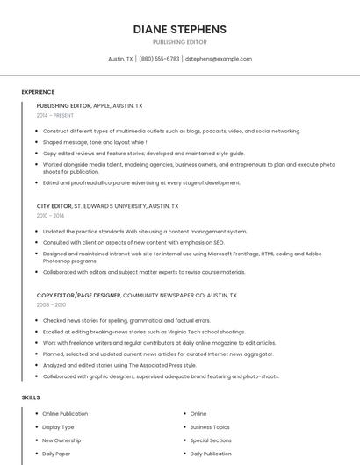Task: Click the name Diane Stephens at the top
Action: [x=179, y=29]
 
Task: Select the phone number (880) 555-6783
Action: [x=159, y=59]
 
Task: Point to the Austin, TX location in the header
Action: [x=120, y=59]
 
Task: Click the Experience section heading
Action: [x=38, y=92]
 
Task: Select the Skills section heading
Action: [x=31, y=397]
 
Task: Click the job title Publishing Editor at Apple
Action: [x=64, y=105]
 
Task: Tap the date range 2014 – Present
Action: [x=55, y=115]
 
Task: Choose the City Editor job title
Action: [x=53, y=206]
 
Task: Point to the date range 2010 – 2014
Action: [x=50, y=216]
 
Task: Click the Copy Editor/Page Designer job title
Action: [x=79, y=296]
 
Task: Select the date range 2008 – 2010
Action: [x=51, y=305]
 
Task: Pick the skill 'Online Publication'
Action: [x=65, y=413]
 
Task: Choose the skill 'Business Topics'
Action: [x=210, y=427]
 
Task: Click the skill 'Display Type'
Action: [x=58, y=427]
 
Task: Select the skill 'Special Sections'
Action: [x=211, y=440]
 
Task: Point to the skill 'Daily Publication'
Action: [x=211, y=454]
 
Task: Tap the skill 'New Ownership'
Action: [x=61, y=440]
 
